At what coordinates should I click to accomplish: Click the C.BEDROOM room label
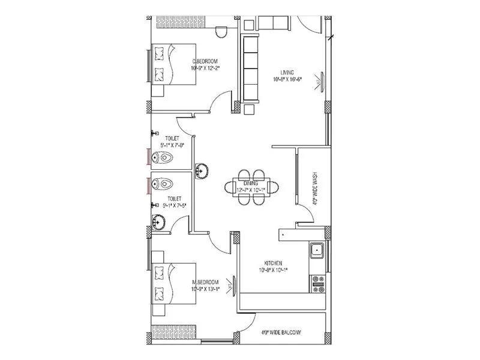click(205, 61)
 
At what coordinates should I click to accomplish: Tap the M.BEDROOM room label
click(205, 281)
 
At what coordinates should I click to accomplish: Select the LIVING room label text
click(287, 72)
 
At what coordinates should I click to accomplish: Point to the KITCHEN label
click(273, 263)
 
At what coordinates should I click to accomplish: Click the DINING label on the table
click(250, 184)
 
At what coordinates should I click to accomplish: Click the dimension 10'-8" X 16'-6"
click(287, 79)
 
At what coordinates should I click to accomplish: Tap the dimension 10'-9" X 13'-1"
click(205, 289)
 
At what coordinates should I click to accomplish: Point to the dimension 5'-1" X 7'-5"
click(174, 205)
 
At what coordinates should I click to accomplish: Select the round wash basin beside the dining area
click(203, 170)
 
